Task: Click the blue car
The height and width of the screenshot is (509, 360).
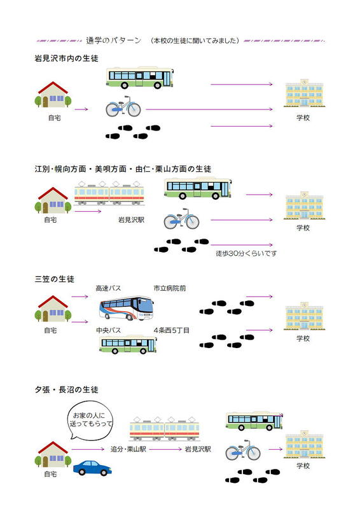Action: click(x=92, y=468)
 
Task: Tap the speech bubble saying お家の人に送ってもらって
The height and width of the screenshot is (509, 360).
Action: click(x=90, y=420)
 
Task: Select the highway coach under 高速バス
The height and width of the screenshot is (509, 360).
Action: click(x=127, y=308)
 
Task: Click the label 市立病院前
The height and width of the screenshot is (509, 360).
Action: click(x=170, y=288)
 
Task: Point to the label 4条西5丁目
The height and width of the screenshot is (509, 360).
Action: click(x=171, y=330)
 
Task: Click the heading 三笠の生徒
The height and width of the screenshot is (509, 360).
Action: click(x=55, y=279)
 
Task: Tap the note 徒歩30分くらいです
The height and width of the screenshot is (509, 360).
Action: click(x=246, y=253)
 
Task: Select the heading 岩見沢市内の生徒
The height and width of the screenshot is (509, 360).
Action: click(x=67, y=59)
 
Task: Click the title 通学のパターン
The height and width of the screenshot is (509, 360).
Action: click(x=114, y=41)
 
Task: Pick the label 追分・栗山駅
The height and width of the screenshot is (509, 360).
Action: click(x=128, y=449)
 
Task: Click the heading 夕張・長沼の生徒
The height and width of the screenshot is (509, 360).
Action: click(x=67, y=389)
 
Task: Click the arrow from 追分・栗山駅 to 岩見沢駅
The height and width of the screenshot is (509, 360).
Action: click(x=165, y=449)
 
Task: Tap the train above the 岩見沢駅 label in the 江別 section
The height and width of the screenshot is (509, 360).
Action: click(x=109, y=193)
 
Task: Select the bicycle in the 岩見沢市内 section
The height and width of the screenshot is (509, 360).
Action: click(x=123, y=106)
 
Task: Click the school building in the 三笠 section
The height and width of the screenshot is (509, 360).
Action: click(x=304, y=316)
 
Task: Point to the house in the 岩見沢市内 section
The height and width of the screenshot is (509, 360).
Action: click(x=53, y=94)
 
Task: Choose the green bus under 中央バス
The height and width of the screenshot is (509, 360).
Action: click(x=128, y=344)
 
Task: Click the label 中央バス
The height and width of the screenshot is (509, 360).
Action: click(x=108, y=330)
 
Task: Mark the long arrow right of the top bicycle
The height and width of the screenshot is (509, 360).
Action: click(x=209, y=109)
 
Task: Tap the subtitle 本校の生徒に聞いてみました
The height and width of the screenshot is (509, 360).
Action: click(x=195, y=41)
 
